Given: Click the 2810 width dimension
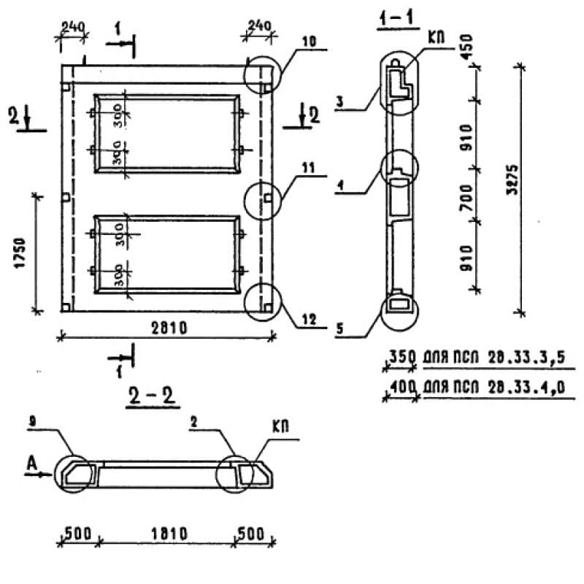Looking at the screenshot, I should (x=167, y=327).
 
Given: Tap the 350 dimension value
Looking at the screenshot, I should (x=401, y=358).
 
